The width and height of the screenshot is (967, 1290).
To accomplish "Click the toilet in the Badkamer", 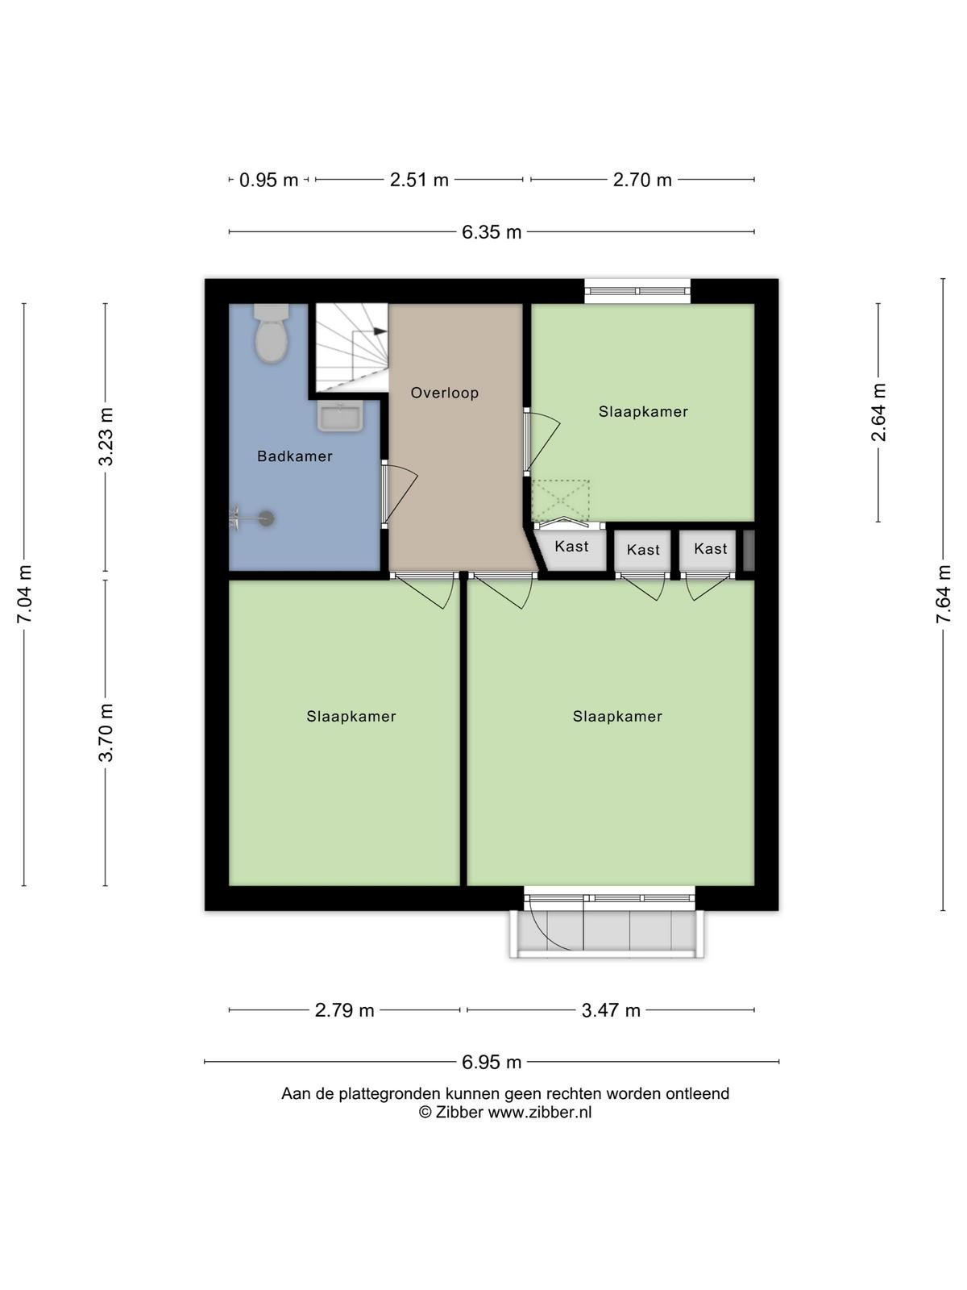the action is tap(272, 334).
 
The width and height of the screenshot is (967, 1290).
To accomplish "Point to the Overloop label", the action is tap(445, 393).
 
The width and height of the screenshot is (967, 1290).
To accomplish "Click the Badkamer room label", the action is tap(295, 456).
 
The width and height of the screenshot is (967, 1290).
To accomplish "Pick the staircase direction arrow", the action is tap(380, 331).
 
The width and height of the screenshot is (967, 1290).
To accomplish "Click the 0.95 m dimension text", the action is tap(269, 180).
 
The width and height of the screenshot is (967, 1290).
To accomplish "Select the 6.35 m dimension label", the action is tap(492, 232).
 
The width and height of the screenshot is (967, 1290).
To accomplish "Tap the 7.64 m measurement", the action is tap(944, 594).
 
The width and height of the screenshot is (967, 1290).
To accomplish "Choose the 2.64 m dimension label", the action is tap(878, 412).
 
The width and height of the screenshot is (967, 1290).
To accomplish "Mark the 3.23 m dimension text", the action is tap(106, 437).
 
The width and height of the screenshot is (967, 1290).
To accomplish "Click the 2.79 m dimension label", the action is tap(345, 1010).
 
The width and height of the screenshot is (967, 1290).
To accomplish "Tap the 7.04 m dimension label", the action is tap(24, 594).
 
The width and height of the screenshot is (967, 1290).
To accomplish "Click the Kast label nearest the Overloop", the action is tap(571, 547).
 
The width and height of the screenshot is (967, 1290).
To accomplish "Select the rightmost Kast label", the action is tap(711, 549).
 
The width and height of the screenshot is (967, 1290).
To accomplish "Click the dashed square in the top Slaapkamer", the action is tap(560, 500).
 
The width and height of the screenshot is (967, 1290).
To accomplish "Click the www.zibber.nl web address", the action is tap(540, 1112).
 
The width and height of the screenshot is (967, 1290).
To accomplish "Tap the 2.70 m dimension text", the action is tap(642, 180).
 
